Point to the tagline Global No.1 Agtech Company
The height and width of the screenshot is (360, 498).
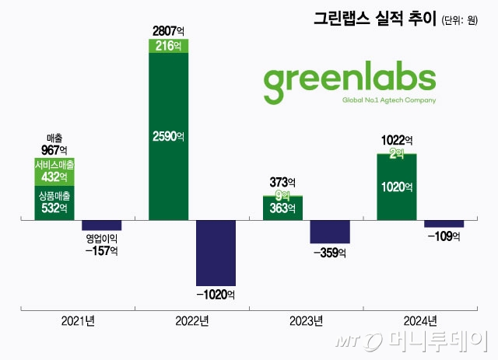(389, 100)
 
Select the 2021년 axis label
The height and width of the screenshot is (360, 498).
(78, 320)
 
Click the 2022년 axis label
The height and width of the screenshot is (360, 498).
(192, 320)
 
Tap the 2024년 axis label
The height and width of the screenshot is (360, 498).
(421, 320)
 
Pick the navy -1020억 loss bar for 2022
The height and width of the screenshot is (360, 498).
(216, 253)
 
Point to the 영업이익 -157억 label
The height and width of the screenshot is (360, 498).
(101, 244)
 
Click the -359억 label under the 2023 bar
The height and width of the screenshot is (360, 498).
(330, 253)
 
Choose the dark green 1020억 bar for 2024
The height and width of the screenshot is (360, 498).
(397, 187)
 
